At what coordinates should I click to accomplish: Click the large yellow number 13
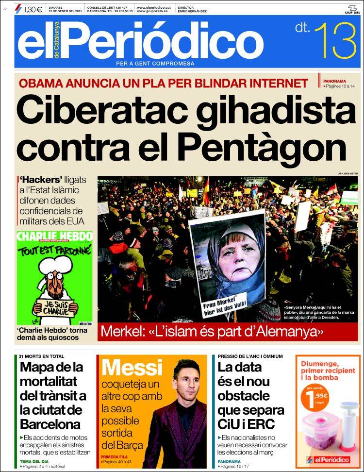coord(335,40)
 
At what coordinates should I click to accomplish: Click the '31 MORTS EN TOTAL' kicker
coord(41,356)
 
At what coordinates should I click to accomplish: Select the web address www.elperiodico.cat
coord(154,7)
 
